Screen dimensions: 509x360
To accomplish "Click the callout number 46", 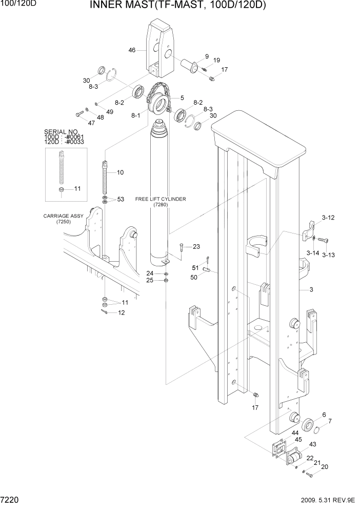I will pyautogui.click(x=132, y=50).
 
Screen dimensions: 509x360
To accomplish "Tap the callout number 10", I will pyautogui.click(x=120, y=172).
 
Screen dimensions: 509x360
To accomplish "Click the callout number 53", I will pyautogui.click(x=121, y=199).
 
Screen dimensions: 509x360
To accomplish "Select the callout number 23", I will pyautogui.click(x=196, y=247).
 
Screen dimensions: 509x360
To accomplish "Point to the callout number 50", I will pyautogui.click(x=194, y=278).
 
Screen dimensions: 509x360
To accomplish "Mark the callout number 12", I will pyautogui.click(x=121, y=312).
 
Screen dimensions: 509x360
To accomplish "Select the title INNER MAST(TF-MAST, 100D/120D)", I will pyautogui.click(x=177, y=6).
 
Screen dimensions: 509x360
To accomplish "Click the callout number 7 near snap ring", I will pyautogui.click(x=330, y=421).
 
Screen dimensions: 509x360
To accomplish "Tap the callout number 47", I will pyautogui.click(x=77, y=123).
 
